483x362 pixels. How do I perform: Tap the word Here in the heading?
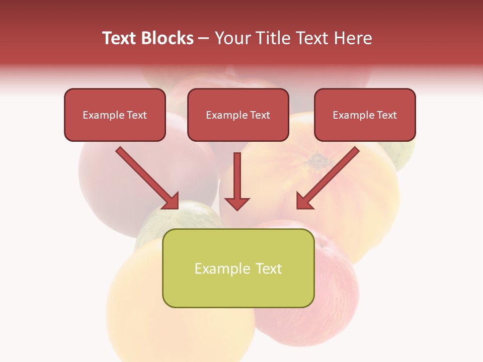tap(352, 38)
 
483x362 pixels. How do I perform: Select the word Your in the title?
tap(229, 38)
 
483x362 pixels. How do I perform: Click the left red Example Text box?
tap(115, 115)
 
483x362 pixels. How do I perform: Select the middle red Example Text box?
tap(238, 115)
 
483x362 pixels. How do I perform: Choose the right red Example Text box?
tap(365, 115)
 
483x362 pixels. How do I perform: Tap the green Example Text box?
tap(238, 268)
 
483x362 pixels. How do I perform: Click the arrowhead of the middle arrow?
tap(237, 203)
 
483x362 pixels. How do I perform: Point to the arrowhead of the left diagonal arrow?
tap(172, 202)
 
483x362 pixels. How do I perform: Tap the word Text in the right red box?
tap(386, 115)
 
